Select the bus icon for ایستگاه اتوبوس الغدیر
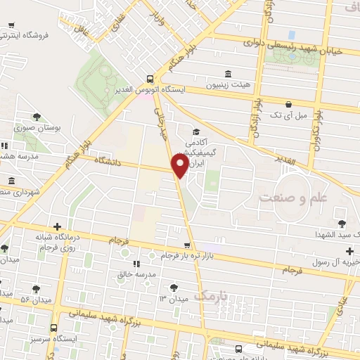tap(149, 79)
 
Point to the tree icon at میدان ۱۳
tap(173, 286)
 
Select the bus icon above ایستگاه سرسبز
tap(54, 328)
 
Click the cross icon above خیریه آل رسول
tap(349, 251)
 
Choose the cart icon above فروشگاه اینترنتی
tap(11, 27)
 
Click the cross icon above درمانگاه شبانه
tap(57, 226)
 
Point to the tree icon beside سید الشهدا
tap(342, 223)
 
